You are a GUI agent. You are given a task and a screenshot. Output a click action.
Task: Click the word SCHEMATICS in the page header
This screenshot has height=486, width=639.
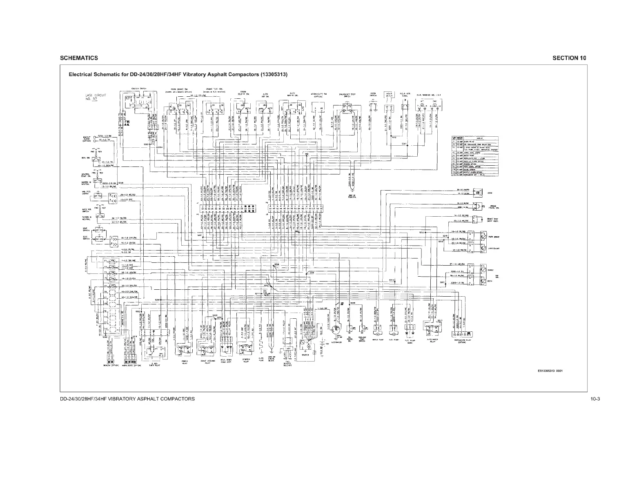pyautogui.click(x=79, y=58)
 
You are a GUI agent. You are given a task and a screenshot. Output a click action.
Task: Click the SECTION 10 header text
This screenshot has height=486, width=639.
pyautogui.click(x=569, y=58)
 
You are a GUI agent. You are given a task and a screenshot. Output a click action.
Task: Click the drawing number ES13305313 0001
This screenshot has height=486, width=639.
pyautogui.click(x=550, y=371)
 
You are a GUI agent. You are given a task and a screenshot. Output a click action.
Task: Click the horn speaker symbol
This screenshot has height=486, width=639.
pyautogui.click(x=482, y=191)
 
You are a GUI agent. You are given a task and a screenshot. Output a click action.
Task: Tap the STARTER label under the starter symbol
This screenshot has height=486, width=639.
pyautogui.click(x=305, y=355)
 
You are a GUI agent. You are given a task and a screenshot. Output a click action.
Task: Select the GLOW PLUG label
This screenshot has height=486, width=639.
pyautogui.click(x=261, y=360)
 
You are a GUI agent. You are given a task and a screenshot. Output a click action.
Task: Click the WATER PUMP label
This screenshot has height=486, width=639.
pyautogui.click(x=376, y=339)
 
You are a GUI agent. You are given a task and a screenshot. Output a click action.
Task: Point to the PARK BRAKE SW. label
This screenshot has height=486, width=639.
pyautogui.click(x=179, y=89)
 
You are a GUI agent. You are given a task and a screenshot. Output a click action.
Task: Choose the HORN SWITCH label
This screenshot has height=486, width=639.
pyautogui.click(x=373, y=94)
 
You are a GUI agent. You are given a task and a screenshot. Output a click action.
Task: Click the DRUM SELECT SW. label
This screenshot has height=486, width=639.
pyautogui.click(x=244, y=93)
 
